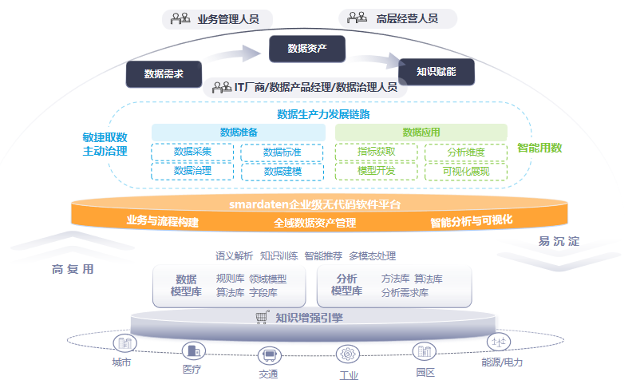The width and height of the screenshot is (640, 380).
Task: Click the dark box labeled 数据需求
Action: (x=164, y=74)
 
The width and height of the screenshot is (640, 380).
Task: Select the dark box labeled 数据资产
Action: (x=307, y=49)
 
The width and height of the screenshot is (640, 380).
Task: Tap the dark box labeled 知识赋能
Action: (x=436, y=71)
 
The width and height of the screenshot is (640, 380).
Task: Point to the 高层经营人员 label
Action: (x=407, y=18)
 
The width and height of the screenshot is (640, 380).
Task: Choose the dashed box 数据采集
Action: (x=192, y=152)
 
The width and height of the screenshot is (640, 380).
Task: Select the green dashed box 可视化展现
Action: (x=466, y=171)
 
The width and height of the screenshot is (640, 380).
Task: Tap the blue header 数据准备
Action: (x=238, y=132)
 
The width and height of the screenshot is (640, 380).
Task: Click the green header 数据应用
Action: (x=421, y=132)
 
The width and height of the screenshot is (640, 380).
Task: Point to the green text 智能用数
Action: (x=539, y=148)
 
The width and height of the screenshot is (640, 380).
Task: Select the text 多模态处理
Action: (x=372, y=256)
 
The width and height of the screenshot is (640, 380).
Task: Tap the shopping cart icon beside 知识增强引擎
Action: (x=261, y=318)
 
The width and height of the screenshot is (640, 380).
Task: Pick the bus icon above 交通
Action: (x=269, y=354)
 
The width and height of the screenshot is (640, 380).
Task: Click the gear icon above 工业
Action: (x=348, y=354)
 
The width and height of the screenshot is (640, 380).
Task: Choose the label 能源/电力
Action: (x=503, y=362)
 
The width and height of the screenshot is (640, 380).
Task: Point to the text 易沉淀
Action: (x=559, y=241)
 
